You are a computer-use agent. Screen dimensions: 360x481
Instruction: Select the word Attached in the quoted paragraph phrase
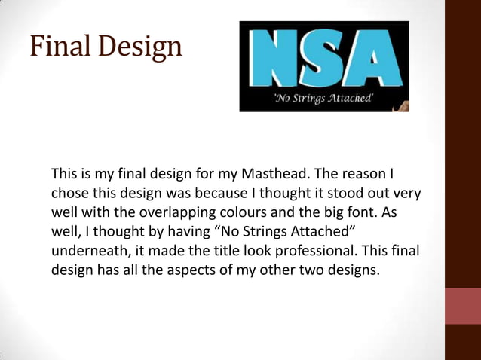click(x=322, y=230)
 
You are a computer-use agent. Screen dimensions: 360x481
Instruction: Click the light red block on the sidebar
click(x=463, y=307)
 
